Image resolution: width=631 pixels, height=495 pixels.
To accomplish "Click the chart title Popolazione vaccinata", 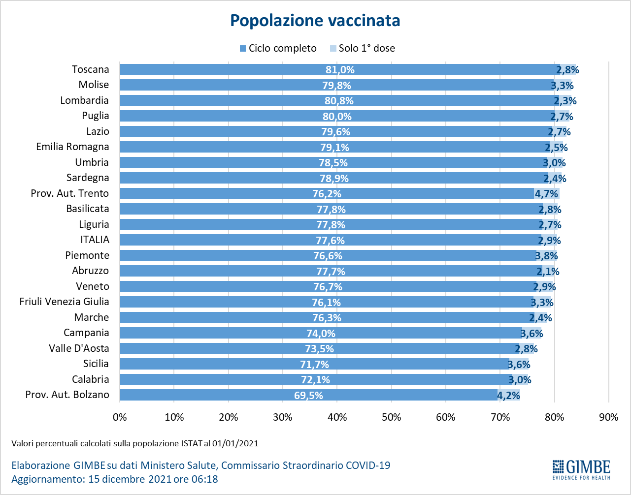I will pos(315,21).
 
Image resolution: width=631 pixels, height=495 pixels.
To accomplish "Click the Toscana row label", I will pos(90,69).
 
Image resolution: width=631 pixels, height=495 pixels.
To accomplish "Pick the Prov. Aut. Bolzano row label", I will pos(67,395).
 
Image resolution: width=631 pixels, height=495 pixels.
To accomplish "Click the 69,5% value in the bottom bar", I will pos(308,395).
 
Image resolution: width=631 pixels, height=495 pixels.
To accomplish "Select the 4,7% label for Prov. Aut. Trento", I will pos(546,194).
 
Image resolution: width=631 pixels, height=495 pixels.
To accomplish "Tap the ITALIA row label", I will pos(95,240).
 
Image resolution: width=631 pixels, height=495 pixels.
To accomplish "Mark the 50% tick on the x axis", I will pos(391,417).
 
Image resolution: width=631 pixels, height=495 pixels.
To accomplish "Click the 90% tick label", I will pos(608,417).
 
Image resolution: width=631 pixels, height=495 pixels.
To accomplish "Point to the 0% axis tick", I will pos(120,417).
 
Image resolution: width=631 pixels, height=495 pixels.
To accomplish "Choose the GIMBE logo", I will pos(581,469).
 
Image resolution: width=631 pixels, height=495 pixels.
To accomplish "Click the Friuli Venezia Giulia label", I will pos(64,302).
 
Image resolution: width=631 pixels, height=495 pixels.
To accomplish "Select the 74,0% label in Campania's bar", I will pos(321,334).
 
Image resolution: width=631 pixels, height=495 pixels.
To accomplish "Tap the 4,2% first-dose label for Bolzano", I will pos(508,395).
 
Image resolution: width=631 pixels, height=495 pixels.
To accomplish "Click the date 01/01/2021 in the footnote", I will pos(235,443).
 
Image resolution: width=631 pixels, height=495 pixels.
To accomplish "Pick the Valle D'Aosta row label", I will pos(79,348).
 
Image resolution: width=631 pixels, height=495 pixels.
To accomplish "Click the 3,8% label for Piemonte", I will pos(546,256).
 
